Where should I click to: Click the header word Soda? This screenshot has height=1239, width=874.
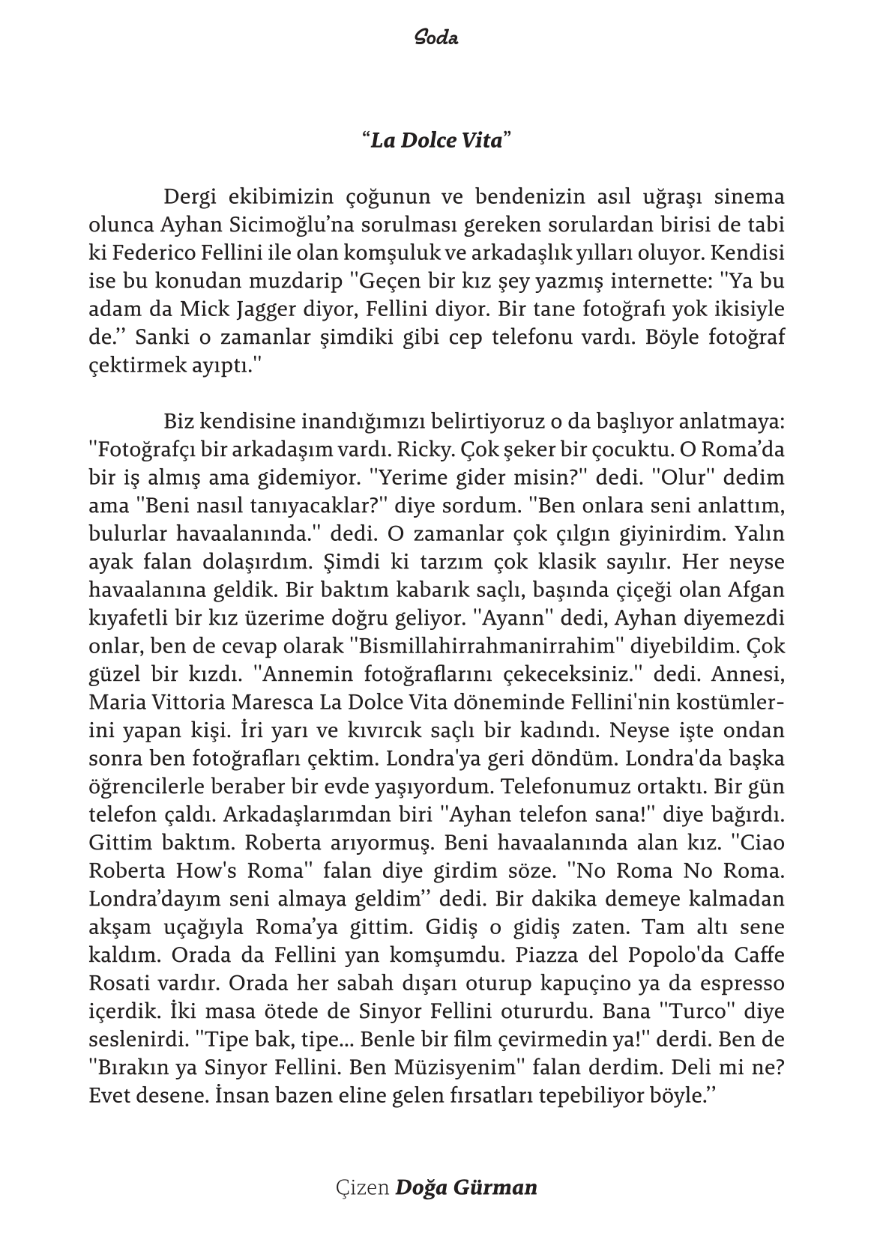[x=436, y=37]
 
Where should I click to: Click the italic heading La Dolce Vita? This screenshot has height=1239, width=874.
[x=436, y=140]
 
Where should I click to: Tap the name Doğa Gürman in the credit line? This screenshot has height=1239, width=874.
[x=465, y=1188]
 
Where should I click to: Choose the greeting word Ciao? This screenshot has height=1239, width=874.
[x=762, y=843]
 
